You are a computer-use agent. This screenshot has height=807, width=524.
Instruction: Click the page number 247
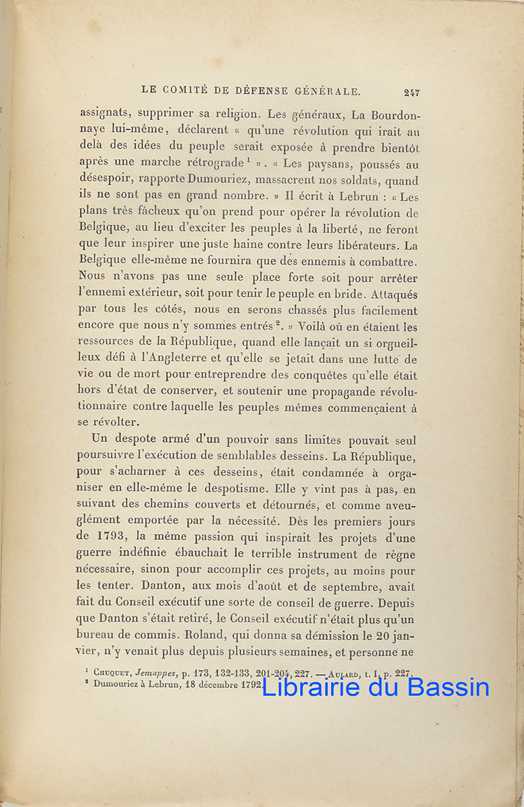point(412,92)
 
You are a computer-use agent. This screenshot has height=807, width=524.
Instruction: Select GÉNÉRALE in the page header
point(328,90)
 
